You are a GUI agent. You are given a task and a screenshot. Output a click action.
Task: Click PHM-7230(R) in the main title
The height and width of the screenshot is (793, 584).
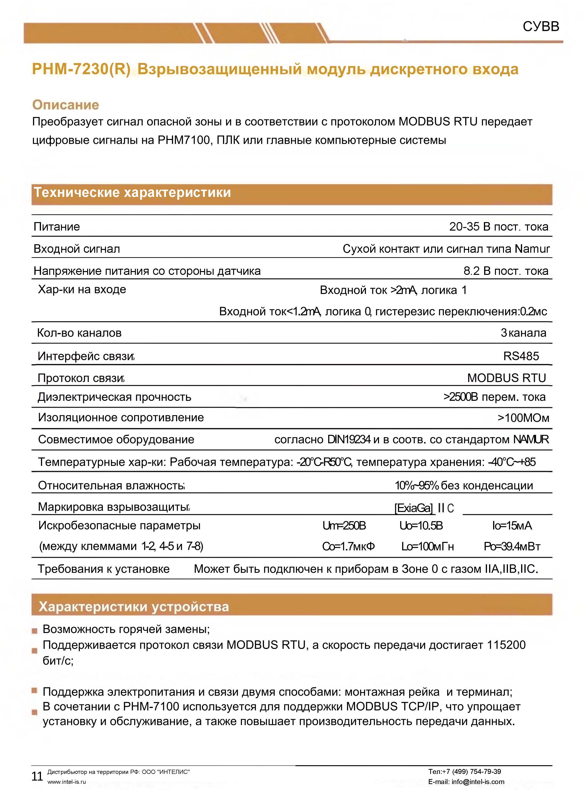(81, 69)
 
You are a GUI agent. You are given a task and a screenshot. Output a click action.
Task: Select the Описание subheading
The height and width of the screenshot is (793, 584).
(65, 105)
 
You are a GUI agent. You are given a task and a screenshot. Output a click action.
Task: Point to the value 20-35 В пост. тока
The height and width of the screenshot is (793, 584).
(499, 227)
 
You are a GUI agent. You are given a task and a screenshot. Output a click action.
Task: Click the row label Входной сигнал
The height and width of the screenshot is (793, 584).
(77, 249)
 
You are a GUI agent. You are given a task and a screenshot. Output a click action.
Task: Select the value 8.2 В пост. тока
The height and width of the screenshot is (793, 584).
(506, 271)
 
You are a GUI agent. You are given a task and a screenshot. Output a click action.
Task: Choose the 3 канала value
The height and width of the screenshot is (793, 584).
(523, 333)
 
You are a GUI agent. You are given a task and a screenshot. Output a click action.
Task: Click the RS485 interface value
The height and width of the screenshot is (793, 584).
(521, 356)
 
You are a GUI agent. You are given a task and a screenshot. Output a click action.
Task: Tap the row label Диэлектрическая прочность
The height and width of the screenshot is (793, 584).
(114, 397)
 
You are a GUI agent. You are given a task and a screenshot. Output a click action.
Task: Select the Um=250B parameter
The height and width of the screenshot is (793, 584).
(344, 526)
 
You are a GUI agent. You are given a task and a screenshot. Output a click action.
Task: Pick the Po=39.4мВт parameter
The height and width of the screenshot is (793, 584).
(512, 547)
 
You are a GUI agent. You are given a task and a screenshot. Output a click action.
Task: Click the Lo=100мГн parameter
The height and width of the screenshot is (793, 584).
(427, 547)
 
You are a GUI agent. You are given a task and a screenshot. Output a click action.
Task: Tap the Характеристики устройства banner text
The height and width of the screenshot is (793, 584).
(134, 607)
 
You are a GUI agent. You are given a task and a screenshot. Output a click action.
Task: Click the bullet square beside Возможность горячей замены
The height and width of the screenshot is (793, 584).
(34, 631)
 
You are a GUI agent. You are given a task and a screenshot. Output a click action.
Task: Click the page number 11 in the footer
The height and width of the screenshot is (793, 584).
(37, 776)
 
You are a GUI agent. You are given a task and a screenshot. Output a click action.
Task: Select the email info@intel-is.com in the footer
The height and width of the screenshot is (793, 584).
(478, 782)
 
